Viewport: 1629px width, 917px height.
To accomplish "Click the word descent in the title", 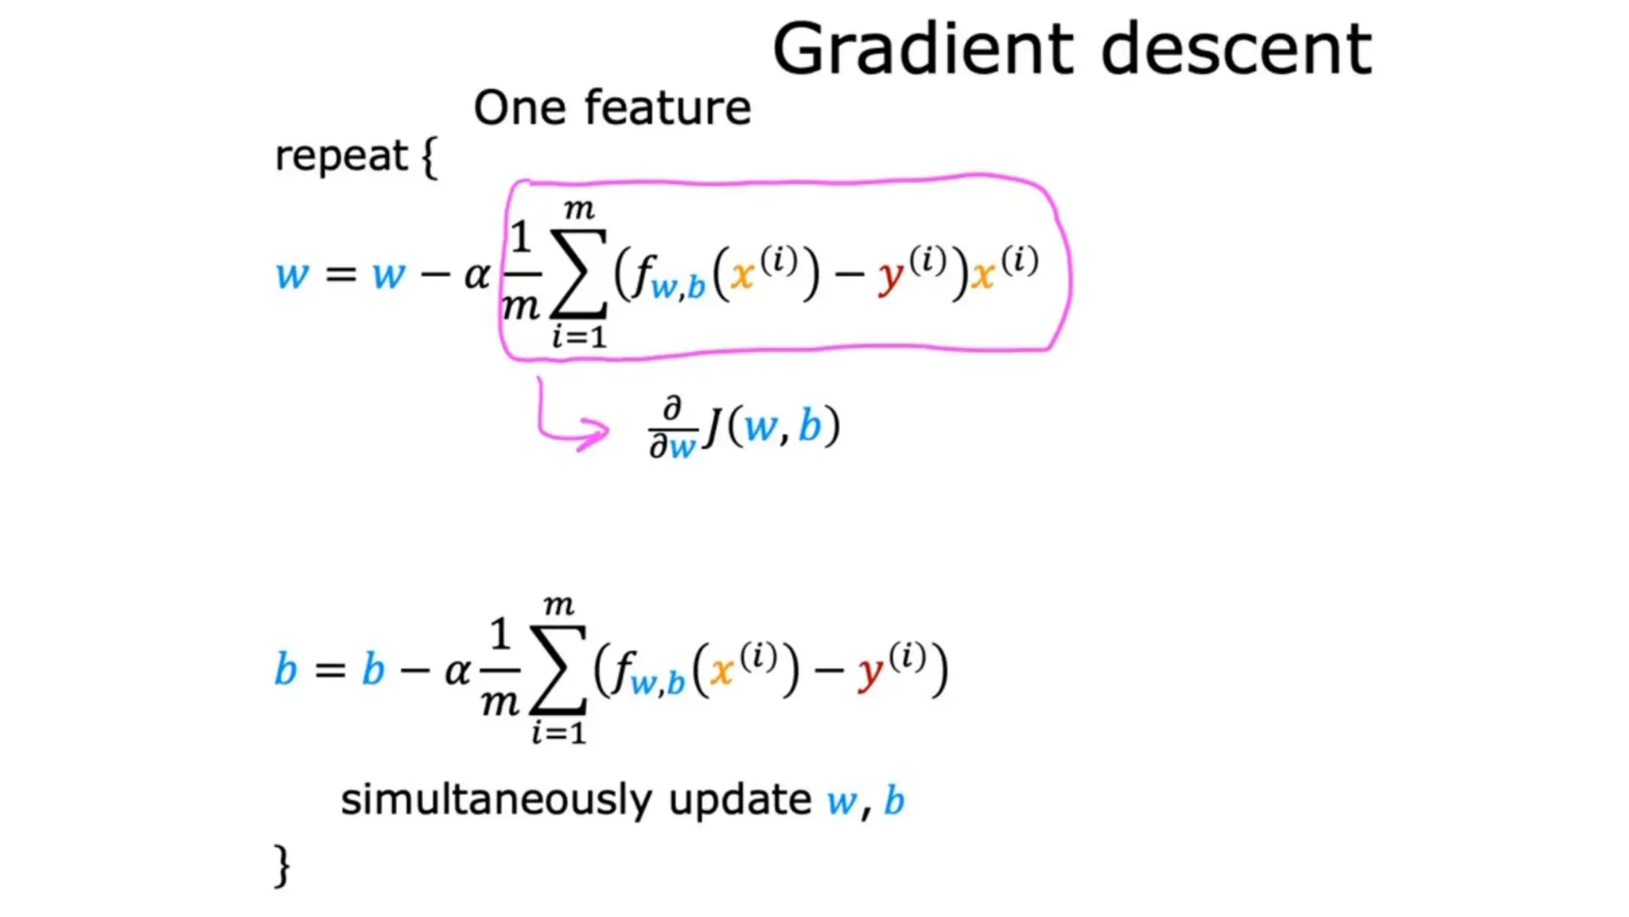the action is point(1236,49).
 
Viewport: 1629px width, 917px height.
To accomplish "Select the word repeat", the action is point(340,155).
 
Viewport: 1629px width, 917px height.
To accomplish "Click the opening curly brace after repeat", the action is point(430,157).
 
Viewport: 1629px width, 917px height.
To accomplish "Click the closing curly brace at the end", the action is point(282,865).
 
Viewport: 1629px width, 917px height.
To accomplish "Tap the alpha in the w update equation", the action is point(477,275).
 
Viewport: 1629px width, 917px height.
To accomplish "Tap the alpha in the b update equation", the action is point(457,671).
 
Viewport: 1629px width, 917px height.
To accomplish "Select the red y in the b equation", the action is point(872,674).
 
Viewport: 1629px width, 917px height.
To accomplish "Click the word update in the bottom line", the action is point(740,800).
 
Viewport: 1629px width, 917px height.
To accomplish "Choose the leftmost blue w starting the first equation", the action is point(291,275).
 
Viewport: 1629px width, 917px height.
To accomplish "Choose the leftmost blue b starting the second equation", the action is point(285,669).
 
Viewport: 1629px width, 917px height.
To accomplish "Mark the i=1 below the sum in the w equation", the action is point(580,337).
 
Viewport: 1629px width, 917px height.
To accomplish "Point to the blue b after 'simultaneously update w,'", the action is point(894,800).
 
